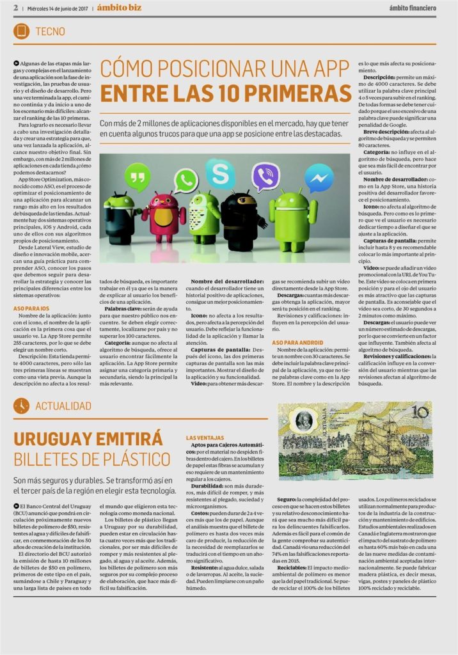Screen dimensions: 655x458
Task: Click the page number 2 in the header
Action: (15, 8)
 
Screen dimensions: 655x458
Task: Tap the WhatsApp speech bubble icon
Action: (186, 180)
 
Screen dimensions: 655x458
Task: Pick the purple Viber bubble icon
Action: (264, 176)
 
